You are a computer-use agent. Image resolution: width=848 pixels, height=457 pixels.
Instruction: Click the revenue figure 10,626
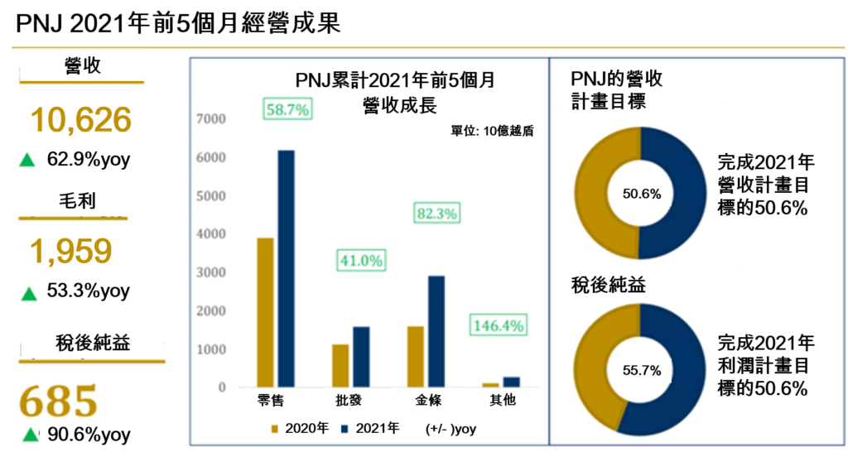click(x=81, y=121)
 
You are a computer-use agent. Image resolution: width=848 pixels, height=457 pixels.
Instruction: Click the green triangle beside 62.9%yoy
click(x=26, y=161)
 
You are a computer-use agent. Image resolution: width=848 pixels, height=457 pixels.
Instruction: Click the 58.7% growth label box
click(x=287, y=109)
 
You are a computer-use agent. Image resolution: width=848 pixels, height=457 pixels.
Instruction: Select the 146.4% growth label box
click(x=498, y=325)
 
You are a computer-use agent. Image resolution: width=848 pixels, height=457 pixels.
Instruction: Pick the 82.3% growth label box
click(x=436, y=214)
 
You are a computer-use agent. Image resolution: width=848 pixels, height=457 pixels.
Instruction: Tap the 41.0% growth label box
click(x=360, y=261)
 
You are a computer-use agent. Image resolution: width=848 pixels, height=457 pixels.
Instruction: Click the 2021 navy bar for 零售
click(x=286, y=268)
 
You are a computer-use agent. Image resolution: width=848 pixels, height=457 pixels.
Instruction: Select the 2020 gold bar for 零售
click(x=266, y=312)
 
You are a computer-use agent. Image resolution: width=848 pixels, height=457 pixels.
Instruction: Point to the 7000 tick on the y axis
click(x=211, y=119)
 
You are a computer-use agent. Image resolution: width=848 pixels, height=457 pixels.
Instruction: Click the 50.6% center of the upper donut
click(x=641, y=195)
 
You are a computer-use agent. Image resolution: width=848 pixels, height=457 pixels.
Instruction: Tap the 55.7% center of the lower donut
click(x=641, y=371)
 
